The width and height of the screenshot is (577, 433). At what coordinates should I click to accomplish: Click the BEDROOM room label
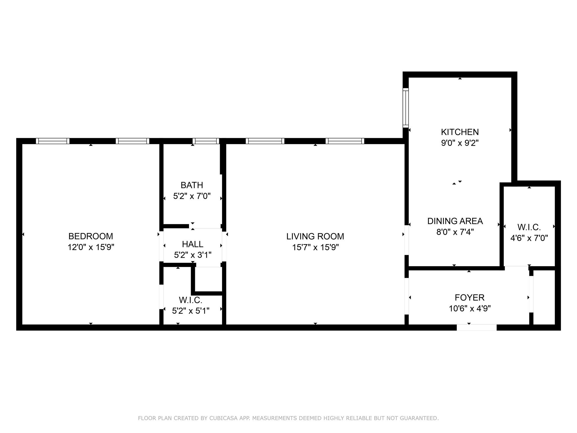tap(91, 236)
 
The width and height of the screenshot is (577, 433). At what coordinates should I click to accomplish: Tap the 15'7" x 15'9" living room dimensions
tap(315, 248)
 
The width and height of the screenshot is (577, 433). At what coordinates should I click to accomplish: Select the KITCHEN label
tap(460, 132)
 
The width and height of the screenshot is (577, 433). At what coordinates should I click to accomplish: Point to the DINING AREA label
tap(455, 221)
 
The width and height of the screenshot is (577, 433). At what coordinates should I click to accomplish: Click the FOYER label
tap(469, 297)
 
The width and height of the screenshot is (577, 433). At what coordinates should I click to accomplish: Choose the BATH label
tap(192, 185)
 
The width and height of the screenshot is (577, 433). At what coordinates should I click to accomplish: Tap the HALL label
tap(192, 244)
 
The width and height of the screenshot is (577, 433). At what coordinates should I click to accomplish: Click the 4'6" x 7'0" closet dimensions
tap(529, 238)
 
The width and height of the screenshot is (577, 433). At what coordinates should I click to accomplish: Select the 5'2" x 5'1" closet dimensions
tap(191, 311)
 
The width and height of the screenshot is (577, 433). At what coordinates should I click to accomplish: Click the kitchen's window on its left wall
tap(405, 107)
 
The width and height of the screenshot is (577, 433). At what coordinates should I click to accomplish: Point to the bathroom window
tap(206, 141)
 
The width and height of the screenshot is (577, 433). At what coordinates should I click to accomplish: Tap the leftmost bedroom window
tap(52, 141)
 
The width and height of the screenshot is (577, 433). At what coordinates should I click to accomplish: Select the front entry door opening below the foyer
tap(476, 328)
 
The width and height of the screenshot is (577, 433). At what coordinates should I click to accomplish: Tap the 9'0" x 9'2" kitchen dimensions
tap(460, 143)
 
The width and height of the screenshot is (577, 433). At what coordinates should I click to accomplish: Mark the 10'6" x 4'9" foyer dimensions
tap(469, 309)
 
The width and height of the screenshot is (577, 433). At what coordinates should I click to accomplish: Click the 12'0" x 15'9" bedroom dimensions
tap(91, 248)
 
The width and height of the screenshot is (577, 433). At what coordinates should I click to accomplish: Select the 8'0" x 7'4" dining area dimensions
tap(455, 232)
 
